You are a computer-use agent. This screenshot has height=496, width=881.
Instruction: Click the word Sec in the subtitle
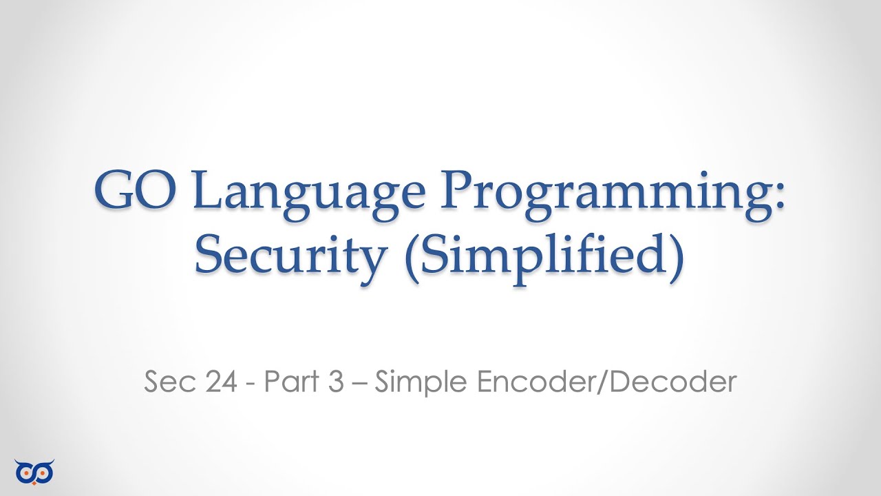[x=167, y=382]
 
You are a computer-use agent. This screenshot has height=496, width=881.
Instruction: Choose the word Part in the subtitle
[x=287, y=382]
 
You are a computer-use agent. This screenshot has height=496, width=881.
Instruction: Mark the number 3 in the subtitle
[x=335, y=382]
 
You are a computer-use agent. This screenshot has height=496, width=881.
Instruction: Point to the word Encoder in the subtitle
[x=531, y=382]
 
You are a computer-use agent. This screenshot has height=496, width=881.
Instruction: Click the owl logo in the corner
[x=34, y=471]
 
